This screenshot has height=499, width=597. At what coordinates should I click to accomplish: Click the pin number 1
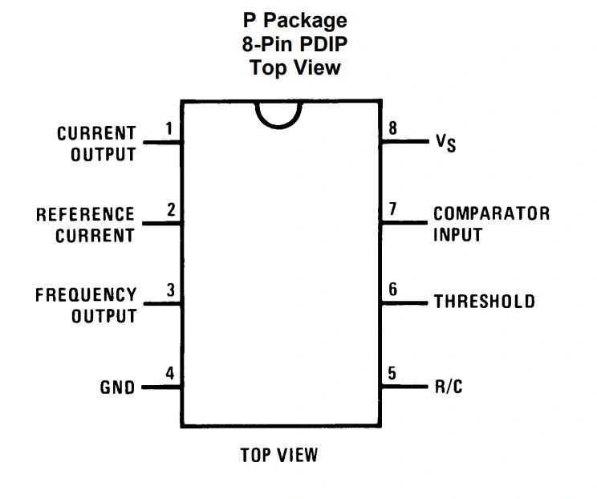[169, 128]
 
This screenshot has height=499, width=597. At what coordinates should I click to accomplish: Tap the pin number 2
[170, 210]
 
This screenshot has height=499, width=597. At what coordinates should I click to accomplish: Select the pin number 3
[170, 291]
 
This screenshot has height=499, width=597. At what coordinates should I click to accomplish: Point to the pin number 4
[169, 373]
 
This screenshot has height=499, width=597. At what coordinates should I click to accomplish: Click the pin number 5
[392, 373]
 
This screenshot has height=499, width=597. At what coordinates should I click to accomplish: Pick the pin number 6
[392, 289]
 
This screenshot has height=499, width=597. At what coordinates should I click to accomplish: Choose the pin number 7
[392, 209]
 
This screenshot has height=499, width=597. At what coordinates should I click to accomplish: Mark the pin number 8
[392, 128]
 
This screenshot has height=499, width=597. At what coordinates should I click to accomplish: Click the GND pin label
[117, 387]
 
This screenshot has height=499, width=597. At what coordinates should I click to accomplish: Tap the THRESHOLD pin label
[484, 302]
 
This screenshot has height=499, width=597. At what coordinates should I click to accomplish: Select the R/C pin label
[449, 387]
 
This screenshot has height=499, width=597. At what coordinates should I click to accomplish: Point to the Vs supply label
[445, 143]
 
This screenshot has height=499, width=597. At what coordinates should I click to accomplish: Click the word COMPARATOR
[491, 214]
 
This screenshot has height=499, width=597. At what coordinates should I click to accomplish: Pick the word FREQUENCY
[86, 295]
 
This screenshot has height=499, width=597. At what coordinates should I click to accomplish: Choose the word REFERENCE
[85, 215]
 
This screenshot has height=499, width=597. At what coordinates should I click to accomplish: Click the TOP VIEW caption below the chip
[279, 456]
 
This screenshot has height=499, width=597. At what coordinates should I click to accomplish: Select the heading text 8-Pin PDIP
[294, 44]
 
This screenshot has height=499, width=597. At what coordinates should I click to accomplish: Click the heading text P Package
[294, 20]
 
